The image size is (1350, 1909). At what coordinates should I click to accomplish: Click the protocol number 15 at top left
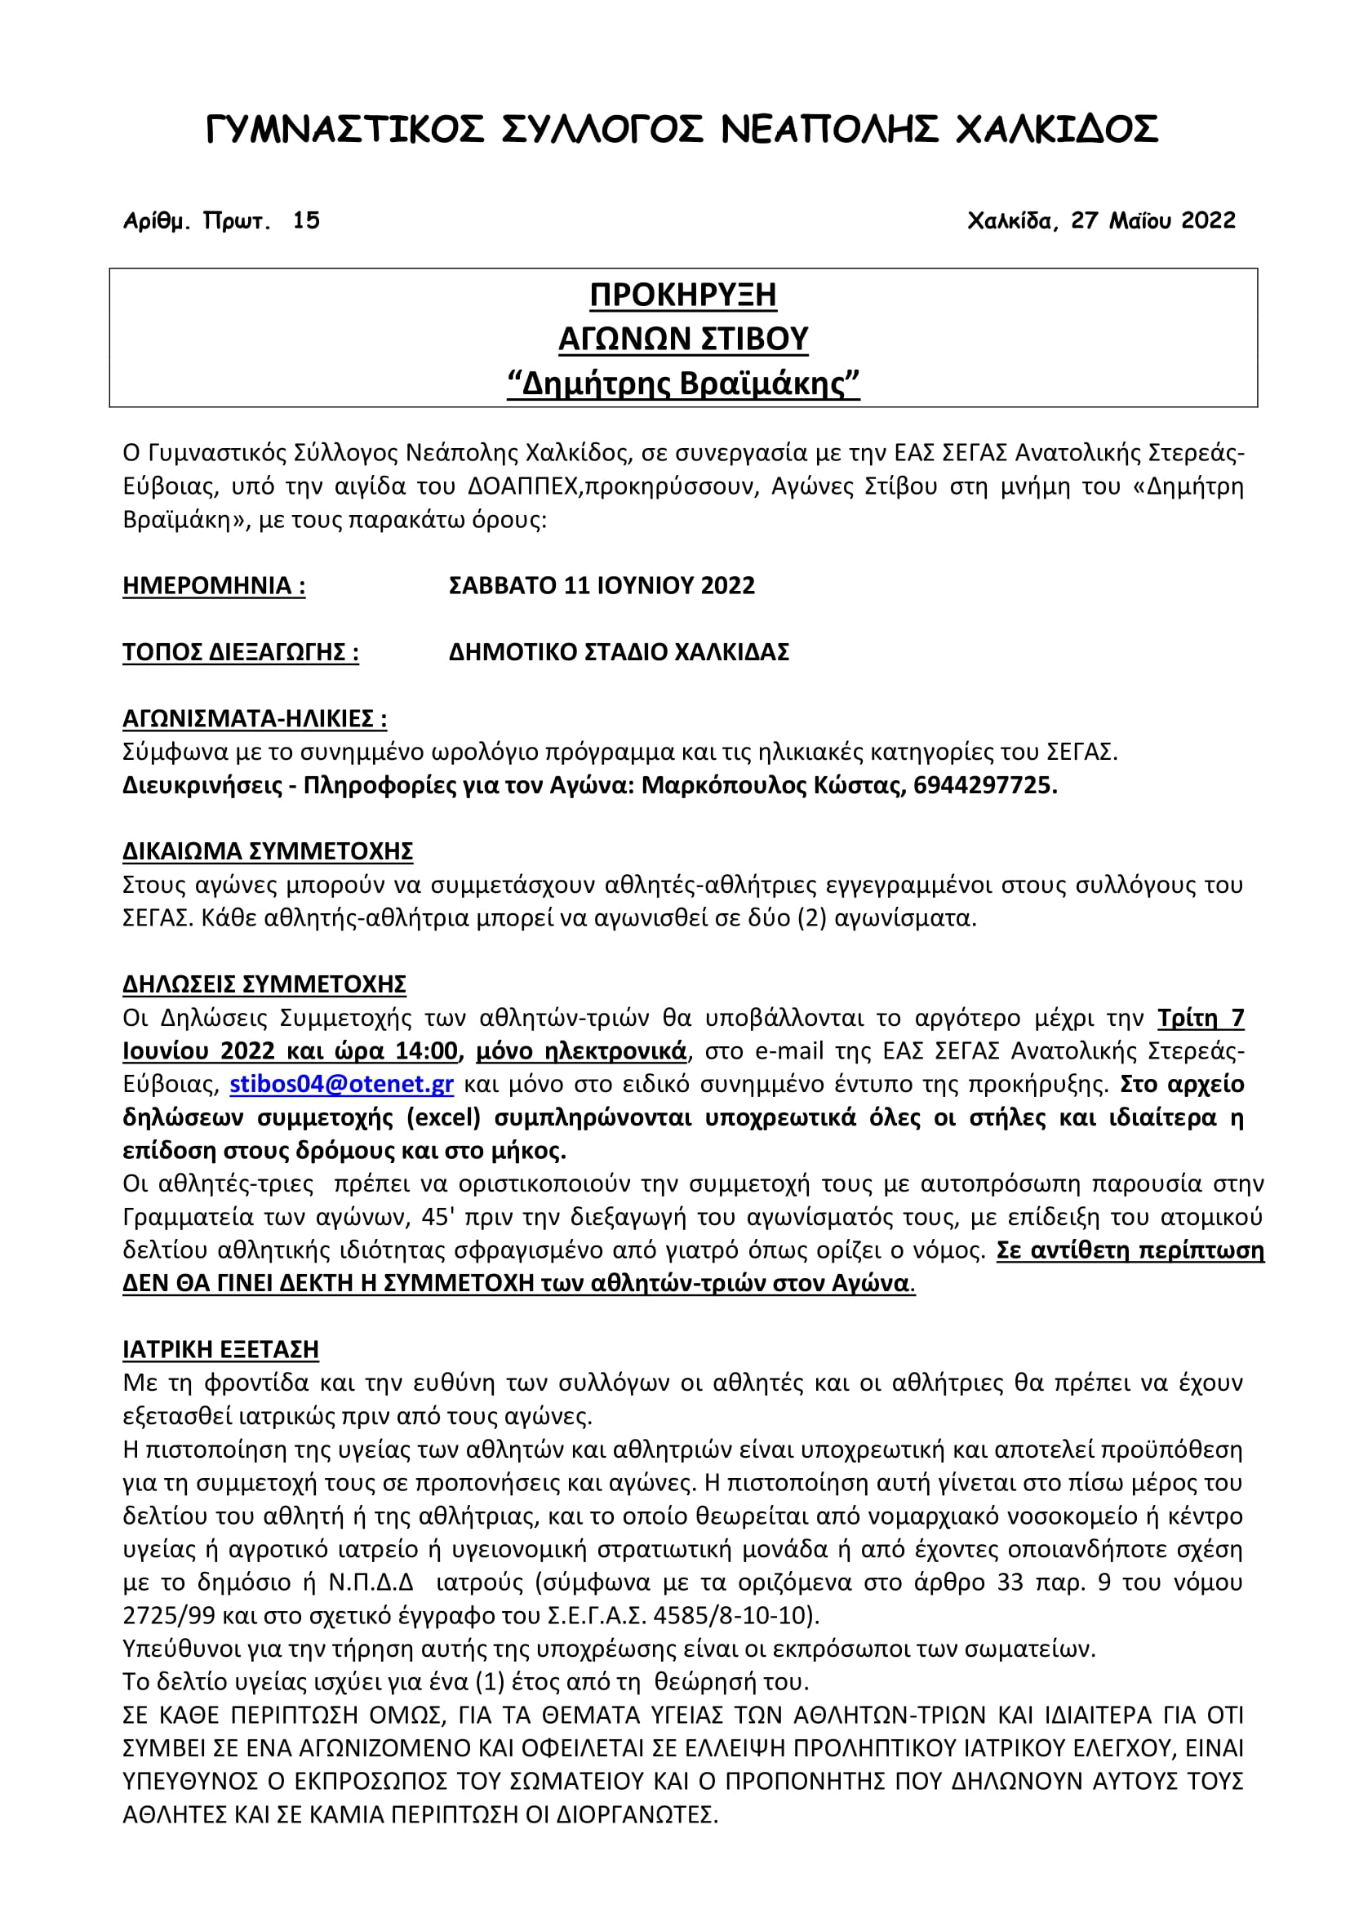(306, 220)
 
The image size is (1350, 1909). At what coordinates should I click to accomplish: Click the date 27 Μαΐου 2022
(1153, 220)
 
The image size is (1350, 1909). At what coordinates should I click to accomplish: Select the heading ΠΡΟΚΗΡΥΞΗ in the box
(682, 295)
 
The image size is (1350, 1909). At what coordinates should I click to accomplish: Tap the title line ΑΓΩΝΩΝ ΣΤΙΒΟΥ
(682, 340)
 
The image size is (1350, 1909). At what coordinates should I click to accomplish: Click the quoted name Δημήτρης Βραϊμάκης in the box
(682, 384)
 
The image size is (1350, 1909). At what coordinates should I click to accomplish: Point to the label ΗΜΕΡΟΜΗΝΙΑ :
(214, 585)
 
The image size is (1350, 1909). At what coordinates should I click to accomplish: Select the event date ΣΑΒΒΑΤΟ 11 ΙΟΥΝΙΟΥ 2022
(601, 585)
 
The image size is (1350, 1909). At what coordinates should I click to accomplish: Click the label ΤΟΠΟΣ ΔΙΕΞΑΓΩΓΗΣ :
(240, 652)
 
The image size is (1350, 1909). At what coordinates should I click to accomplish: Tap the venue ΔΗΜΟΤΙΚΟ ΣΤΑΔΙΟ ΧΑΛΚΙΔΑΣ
(619, 652)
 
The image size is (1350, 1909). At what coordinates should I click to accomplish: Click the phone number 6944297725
(984, 786)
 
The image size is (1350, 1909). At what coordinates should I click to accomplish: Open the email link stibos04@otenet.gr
(342, 1084)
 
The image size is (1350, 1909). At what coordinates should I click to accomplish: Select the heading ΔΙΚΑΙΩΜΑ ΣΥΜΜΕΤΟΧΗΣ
(268, 851)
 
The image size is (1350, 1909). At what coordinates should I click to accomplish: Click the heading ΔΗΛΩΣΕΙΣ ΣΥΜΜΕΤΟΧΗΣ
(264, 984)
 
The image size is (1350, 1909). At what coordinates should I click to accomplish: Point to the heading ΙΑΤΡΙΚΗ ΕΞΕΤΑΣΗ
(220, 1349)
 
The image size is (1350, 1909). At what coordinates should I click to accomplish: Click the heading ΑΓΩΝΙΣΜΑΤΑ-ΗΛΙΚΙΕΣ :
(255, 718)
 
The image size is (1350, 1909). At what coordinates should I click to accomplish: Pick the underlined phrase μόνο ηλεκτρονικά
(581, 1051)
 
